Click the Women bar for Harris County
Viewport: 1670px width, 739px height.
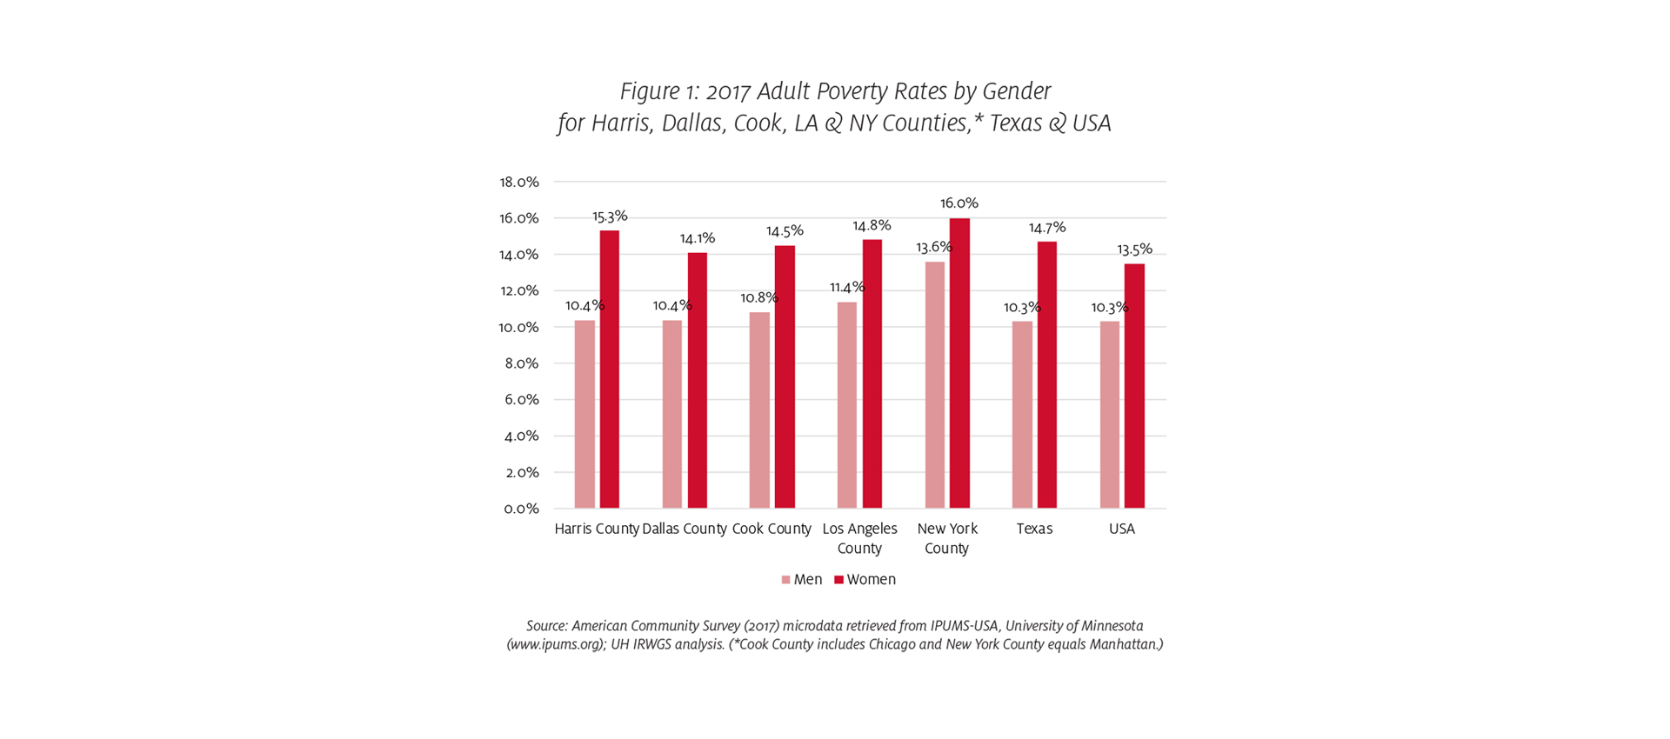(609, 369)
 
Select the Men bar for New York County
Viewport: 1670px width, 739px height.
(934, 385)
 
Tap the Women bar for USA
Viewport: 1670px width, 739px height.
(1134, 386)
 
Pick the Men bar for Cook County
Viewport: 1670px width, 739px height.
(759, 410)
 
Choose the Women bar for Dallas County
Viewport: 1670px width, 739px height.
(697, 380)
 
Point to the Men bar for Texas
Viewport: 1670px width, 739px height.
(1022, 415)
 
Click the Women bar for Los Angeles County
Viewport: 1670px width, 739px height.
(872, 374)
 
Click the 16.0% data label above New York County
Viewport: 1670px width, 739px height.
(959, 203)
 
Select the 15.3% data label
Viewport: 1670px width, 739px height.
(610, 216)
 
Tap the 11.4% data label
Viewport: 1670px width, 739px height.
(846, 287)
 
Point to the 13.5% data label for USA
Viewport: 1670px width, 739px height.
(1134, 250)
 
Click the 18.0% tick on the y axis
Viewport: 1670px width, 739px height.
(518, 182)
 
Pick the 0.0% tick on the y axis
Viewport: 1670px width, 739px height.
(520, 509)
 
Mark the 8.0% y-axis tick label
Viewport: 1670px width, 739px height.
(521, 363)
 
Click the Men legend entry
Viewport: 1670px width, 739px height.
(801, 580)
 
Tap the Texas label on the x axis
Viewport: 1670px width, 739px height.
(1034, 529)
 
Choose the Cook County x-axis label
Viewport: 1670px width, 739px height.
(772, 529)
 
